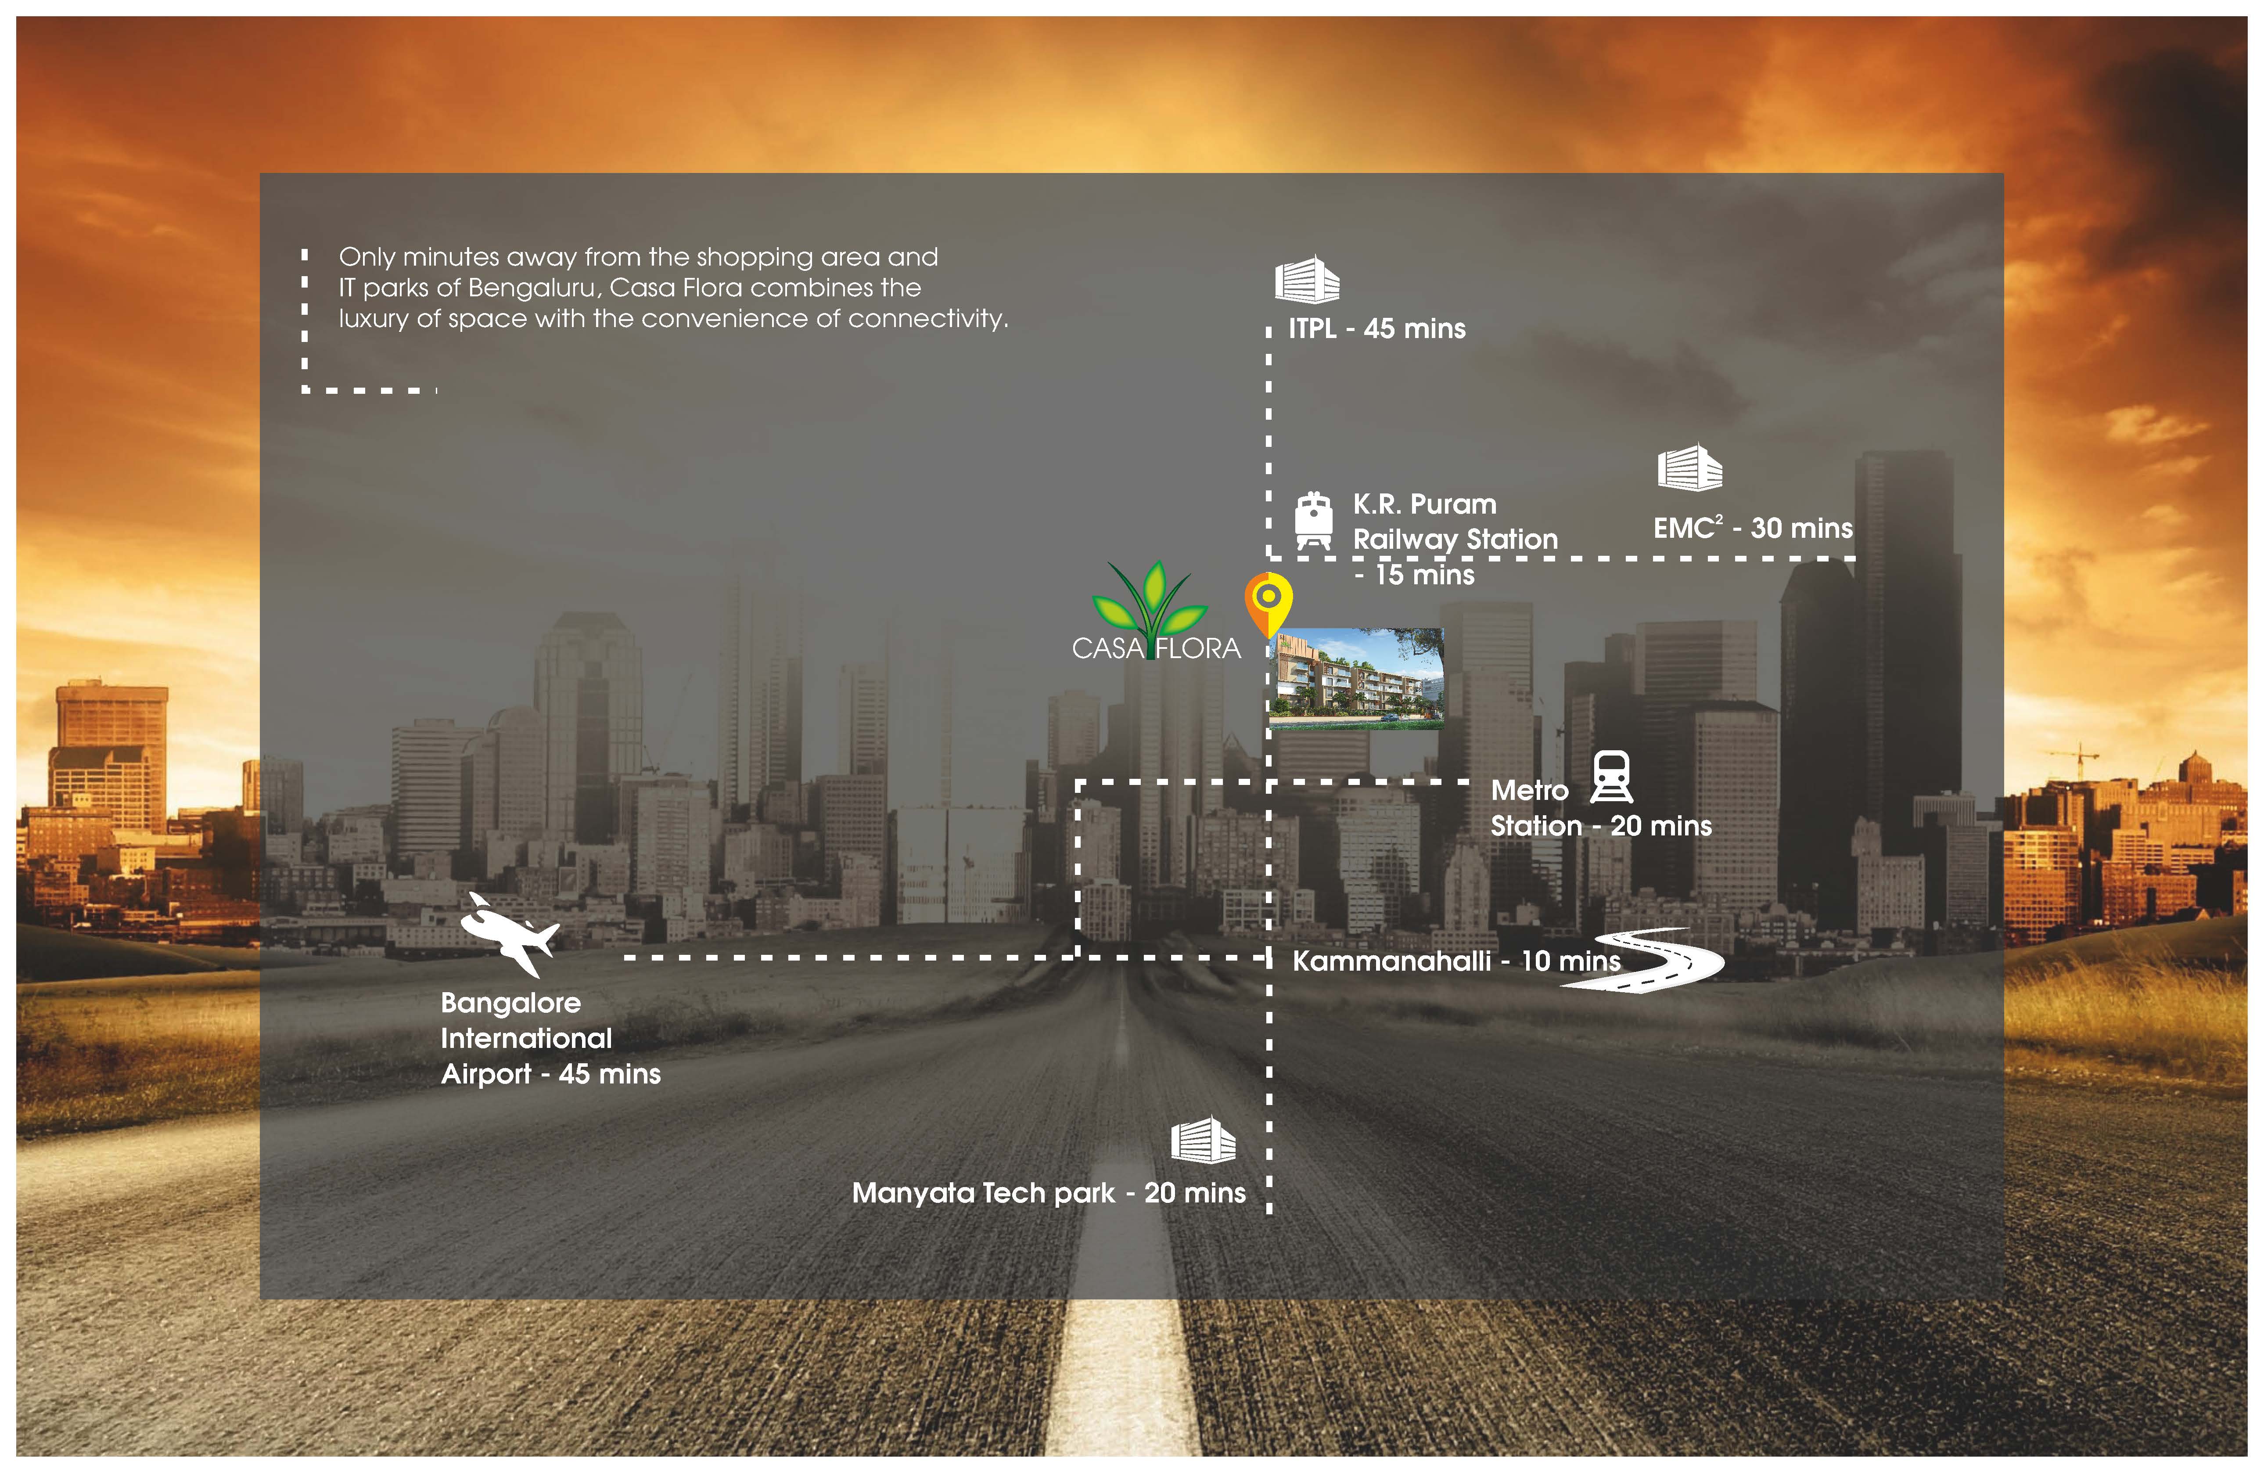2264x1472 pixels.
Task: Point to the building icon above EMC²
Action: coord(1689,468)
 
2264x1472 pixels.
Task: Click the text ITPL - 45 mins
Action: coord(1376,329)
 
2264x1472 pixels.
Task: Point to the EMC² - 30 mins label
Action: coord(1752,528)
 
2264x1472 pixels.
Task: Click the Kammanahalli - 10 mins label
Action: coord(1455,961)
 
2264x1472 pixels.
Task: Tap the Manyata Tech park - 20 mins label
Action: coord(1048,1193)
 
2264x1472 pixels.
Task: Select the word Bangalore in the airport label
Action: coord(511,1003)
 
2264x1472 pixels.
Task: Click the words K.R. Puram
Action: coord(1424,504)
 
